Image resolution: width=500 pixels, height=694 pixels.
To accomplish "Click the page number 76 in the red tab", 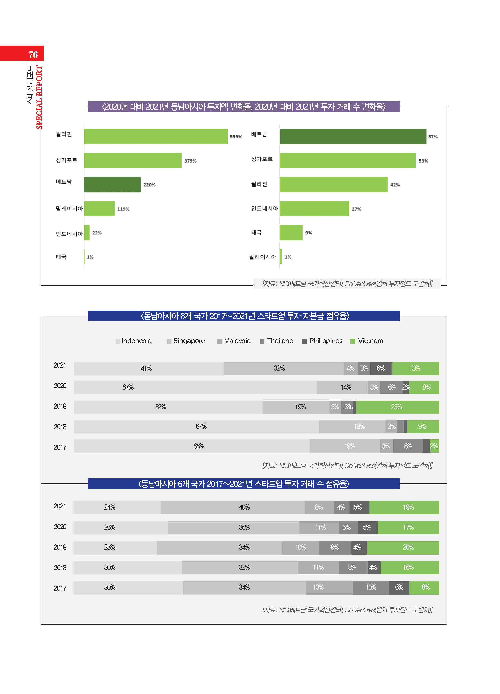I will [33, 54].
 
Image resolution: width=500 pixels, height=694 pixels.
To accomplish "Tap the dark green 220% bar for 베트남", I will [112, 184].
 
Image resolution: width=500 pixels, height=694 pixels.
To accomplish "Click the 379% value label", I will [190, 161].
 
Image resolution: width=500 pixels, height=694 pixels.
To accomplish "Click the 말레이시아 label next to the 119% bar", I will [69, 209].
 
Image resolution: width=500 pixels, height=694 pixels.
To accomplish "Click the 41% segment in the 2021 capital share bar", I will [148, 368].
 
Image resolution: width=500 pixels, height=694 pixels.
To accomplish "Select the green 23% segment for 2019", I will [397, 407].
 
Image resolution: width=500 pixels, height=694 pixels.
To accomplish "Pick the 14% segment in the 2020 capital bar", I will [342, 387].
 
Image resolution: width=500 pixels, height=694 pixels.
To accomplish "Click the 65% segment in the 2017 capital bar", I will [191, 446].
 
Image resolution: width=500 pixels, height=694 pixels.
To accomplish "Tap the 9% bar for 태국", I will [291, 233].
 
